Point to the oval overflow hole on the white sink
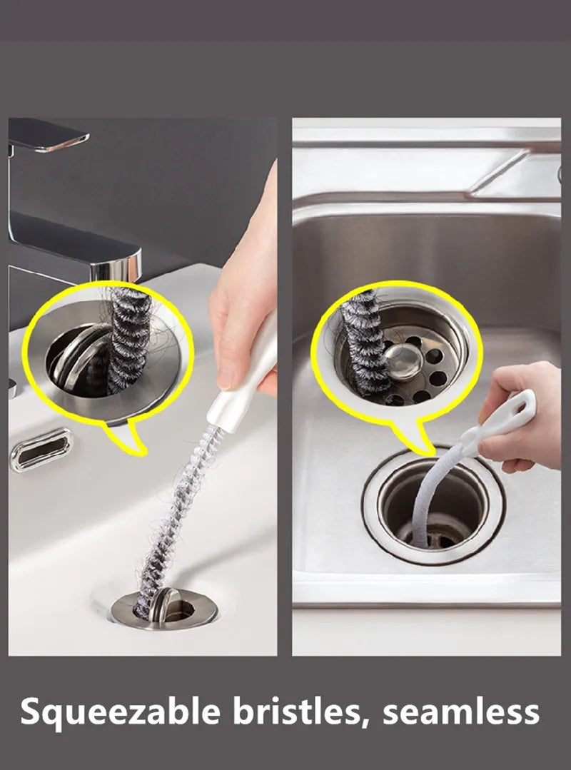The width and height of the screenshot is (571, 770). [x=41, y=449]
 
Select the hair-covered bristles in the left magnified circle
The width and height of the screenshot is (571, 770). [x=129, y=335]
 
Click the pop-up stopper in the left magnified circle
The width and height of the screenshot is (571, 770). [x=79, y=357]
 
